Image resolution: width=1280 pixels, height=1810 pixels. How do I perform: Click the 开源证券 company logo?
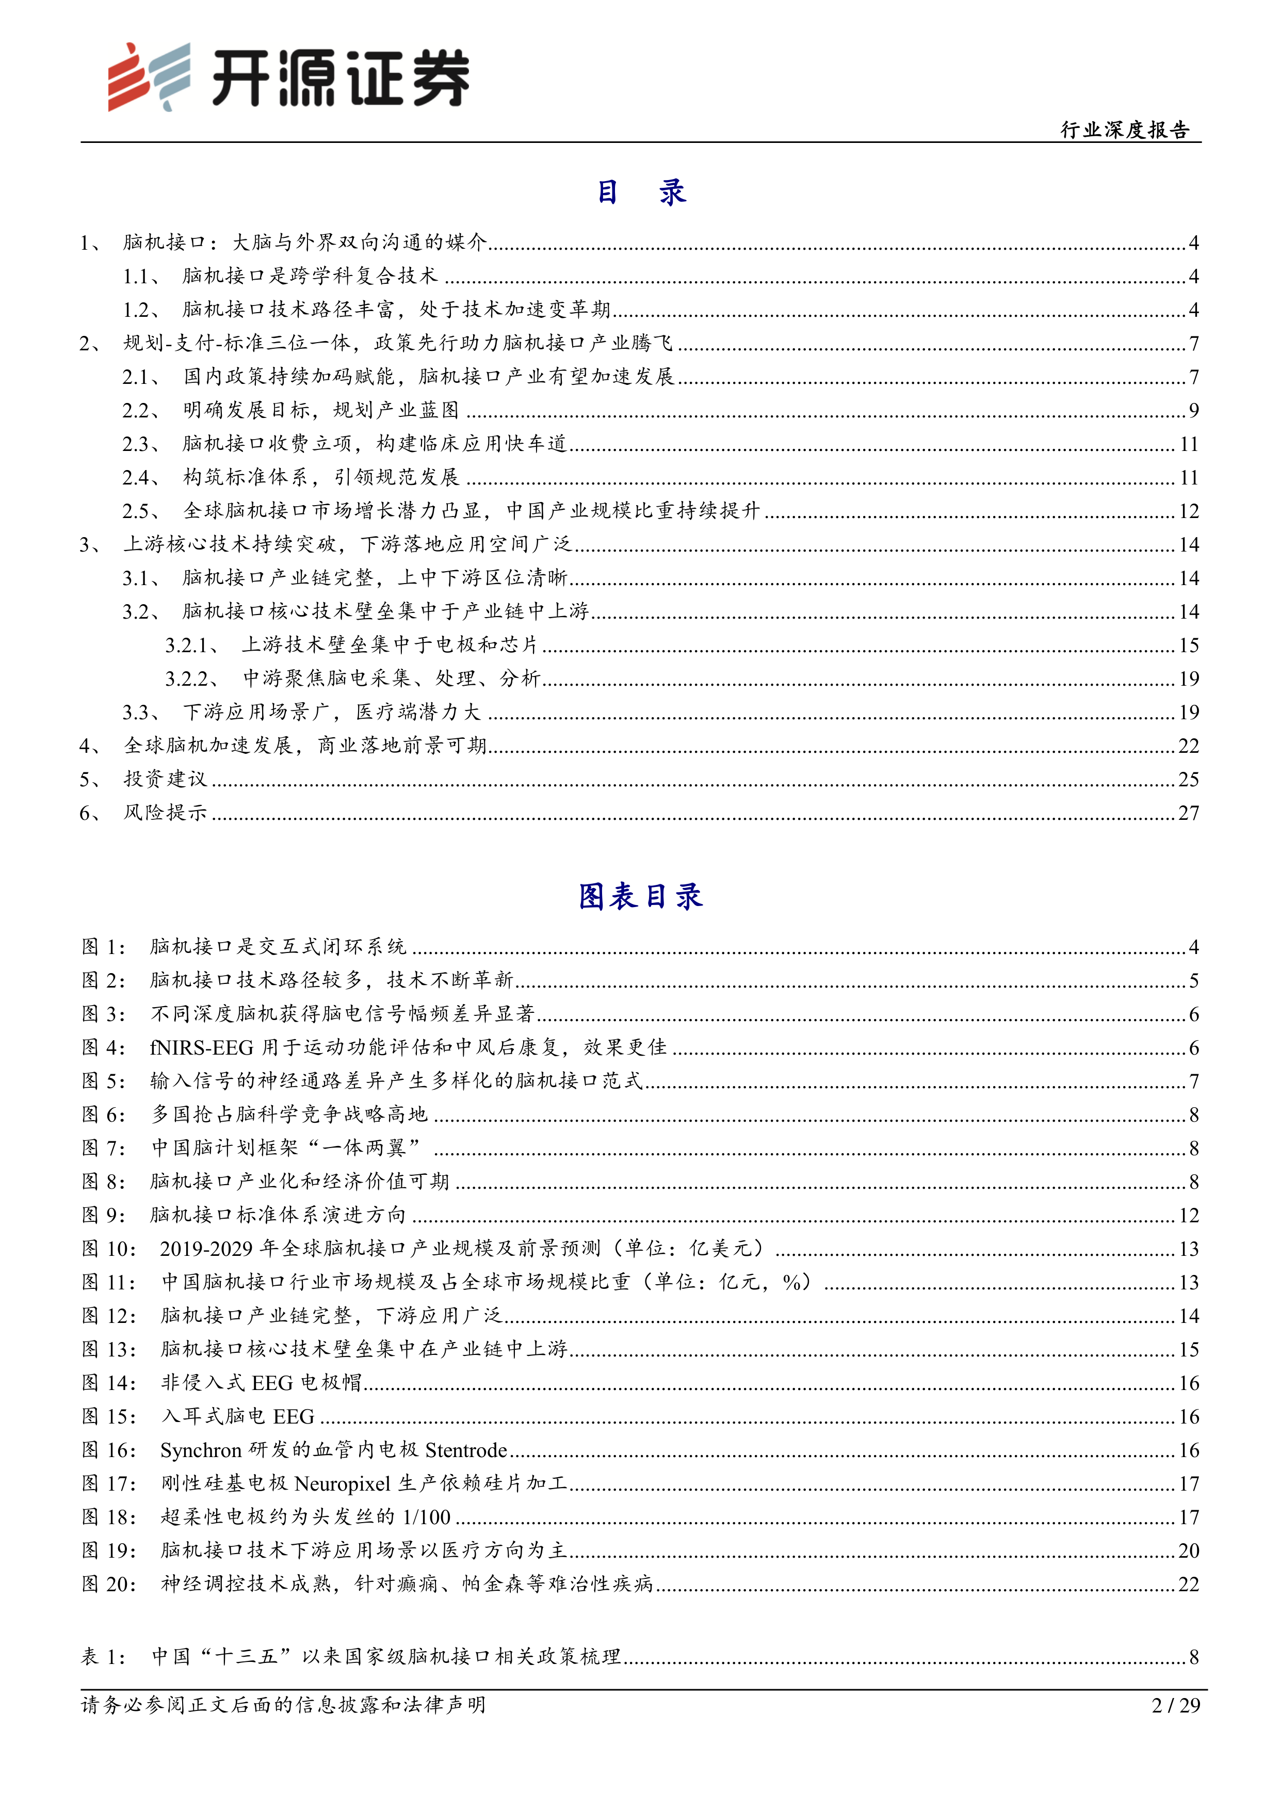click(x=288, y=77)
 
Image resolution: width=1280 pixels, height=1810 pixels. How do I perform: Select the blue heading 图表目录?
click(x=640, y=896)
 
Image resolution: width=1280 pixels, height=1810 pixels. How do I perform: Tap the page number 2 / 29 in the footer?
click(x=1175, y=1705)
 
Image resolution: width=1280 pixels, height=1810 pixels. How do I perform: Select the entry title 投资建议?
click(x=166, y=779)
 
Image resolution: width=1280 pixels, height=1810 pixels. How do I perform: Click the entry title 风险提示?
click(x=166, y=813)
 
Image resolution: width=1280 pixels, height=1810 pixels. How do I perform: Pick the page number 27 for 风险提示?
click(x=1189, y=813)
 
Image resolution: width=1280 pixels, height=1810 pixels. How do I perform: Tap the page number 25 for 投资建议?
click(x=1189, y=780)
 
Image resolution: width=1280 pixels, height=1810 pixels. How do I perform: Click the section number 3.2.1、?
click(x=191, y=645)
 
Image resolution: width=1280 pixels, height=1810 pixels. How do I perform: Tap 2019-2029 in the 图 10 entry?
click(x=206, y=1249)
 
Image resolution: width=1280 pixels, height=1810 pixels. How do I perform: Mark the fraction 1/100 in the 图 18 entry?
click(x=426, y=1517)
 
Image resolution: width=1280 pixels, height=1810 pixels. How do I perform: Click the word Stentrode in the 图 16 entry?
click(x=466, y=1450)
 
